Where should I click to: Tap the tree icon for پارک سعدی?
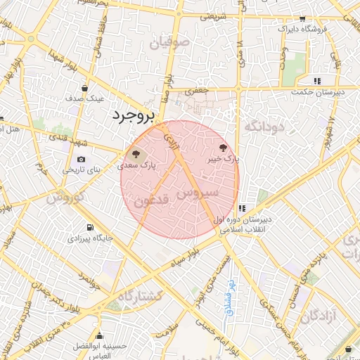pos(134,154)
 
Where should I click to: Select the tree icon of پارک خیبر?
pos(224,148)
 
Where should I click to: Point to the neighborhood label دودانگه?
pos(263,126)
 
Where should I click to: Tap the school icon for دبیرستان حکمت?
pos(317,80)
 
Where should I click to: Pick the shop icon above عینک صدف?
pos(85,89)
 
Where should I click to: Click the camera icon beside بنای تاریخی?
pos(81,160)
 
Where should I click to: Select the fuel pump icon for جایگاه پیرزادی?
pos(89,227)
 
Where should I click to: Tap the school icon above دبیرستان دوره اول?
pos(242,208)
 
